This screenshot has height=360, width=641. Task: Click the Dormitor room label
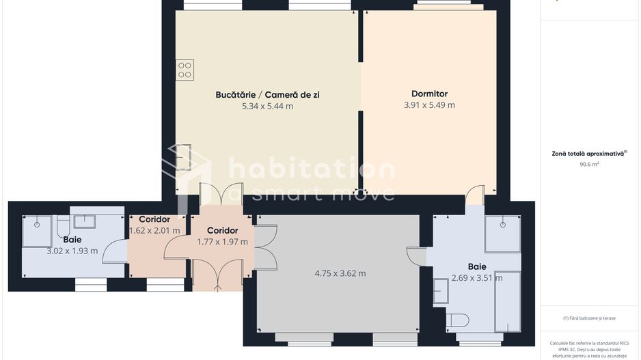click(429, 94)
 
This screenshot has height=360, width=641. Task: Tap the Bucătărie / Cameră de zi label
click(267, 95)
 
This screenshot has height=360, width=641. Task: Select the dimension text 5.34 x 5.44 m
click(267, 106)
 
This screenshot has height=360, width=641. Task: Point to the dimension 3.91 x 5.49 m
click(429, 105)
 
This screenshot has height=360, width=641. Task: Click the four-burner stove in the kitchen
click(185, 70)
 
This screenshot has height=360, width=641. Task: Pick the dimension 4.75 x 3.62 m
click(340, 273)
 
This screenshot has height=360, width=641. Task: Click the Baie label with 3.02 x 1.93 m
click(72, 240)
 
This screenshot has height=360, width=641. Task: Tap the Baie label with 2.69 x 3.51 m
click(477, 266)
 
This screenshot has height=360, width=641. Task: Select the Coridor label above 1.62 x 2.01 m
click(154, 219)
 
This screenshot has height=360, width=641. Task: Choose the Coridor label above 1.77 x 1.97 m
click(222, 230)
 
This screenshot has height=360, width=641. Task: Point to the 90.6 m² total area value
click(589, 165)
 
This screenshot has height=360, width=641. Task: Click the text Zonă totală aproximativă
click(588, 154)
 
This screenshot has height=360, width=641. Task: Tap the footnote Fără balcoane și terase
click(589, 318)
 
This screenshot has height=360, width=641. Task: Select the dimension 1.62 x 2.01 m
click(154, 230)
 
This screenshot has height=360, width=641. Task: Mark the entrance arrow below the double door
click(217, 288)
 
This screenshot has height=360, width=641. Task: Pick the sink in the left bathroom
click(85, 221)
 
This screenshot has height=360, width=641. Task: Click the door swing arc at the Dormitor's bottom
click(475, 195)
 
